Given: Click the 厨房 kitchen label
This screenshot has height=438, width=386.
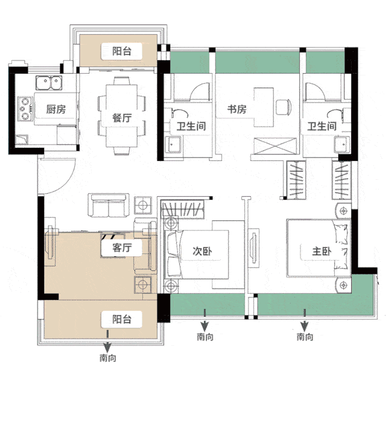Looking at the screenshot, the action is coord(56,109).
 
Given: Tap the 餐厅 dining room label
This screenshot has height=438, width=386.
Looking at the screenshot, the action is coord(122,118).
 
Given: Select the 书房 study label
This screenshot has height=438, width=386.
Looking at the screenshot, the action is coord(236,109).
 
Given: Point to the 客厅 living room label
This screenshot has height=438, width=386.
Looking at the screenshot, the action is coord(122,247).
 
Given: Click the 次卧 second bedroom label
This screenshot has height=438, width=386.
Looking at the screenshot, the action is coord(202,251).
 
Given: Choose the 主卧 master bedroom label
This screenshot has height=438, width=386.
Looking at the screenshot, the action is coord(321,251).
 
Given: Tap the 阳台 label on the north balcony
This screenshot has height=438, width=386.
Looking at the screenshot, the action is coord(122,51).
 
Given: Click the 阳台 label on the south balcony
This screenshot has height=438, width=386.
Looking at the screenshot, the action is coord(122,319).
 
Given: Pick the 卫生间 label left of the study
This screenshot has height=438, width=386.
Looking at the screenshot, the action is coord(191,126).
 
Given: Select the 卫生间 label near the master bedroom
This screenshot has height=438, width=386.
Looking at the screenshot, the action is coord(321,126).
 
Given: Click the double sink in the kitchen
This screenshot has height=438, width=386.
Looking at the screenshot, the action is coord(49,83).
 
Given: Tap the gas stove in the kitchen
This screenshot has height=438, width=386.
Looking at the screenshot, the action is coord(25,109).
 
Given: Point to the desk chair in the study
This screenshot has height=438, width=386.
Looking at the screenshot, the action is coord(283,107).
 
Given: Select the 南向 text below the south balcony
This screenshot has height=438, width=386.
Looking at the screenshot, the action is coord(108,358).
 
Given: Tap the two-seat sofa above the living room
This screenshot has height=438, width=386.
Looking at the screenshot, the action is coord(109,205).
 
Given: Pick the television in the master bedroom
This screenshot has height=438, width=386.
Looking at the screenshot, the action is coord(253,246).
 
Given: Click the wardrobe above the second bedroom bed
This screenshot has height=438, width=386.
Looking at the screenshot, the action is coord(182,209).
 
